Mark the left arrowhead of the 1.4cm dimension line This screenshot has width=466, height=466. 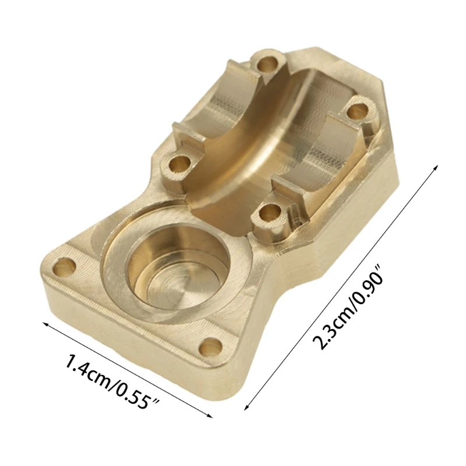click(x=41, y=322)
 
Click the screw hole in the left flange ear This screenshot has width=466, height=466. click(x=63, y=267)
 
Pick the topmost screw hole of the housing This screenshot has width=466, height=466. click(x=268, y=62)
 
